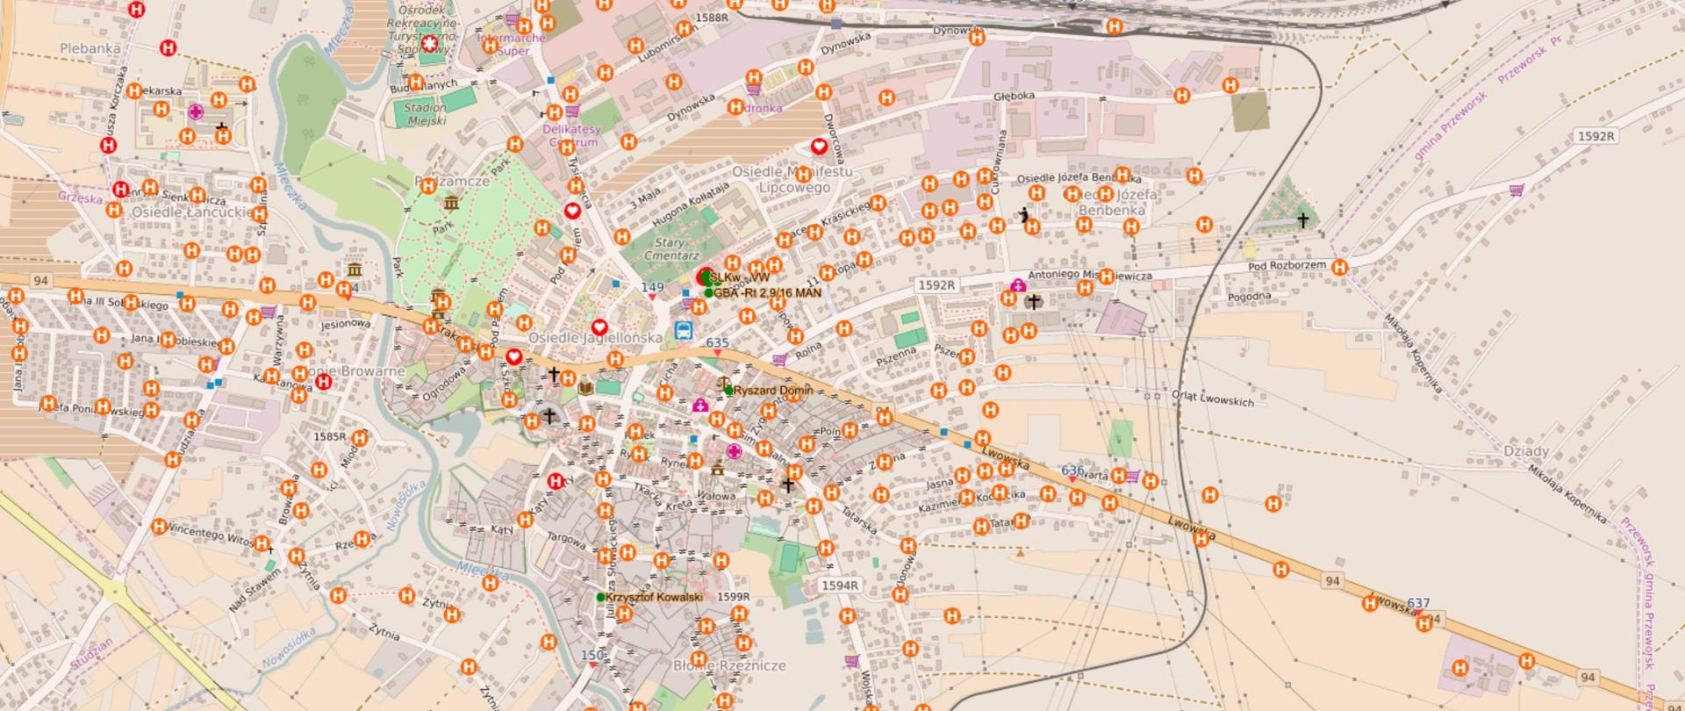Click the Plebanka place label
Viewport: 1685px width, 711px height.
(x=90, y=48)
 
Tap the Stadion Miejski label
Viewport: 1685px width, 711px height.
(x=425, y=114)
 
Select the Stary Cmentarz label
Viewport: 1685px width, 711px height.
(x=677, y=248)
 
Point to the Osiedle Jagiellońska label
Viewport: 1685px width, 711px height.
(x=595, y=338)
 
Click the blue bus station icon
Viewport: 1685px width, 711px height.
(x=682, y=331)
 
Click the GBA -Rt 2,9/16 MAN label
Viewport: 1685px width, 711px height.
(x=768, y=293)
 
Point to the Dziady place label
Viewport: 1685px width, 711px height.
(x=1525, y=451)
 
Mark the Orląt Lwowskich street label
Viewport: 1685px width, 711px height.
(x=1213, y=399)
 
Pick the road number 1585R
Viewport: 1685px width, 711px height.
(x=329, y=436)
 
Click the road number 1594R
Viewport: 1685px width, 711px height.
(x=840, y=585)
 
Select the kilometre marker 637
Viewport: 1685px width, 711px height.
(x=1418, y=604)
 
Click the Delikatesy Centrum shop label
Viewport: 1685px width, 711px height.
(x=570, y=135)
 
